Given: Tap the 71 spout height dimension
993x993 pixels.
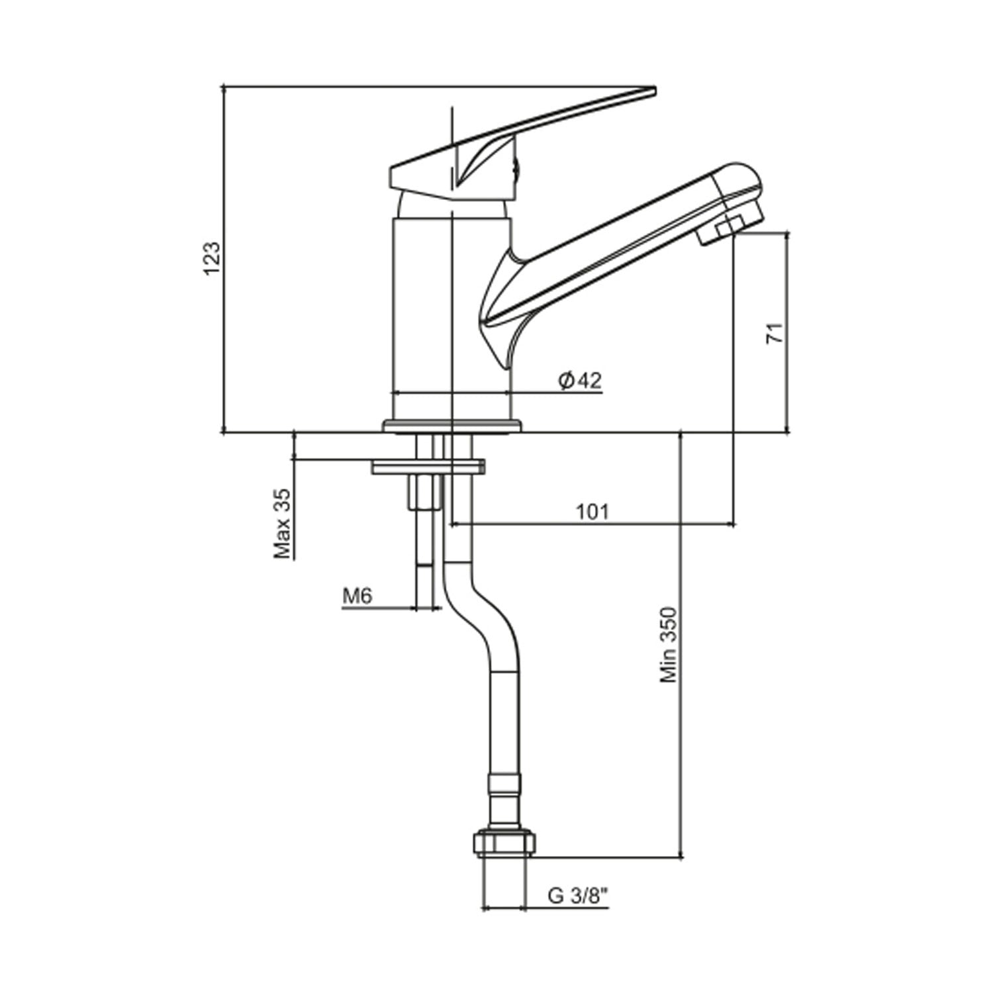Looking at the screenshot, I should coord(775,332).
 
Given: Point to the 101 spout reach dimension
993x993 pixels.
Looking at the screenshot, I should coord(592,512).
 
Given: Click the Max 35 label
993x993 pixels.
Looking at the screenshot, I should coord(283,524).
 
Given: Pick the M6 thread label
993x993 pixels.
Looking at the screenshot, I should coord(357,596).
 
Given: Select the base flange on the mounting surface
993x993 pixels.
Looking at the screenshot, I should coord(452,426).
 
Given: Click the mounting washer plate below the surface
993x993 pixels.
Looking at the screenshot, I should coord(428,467).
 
